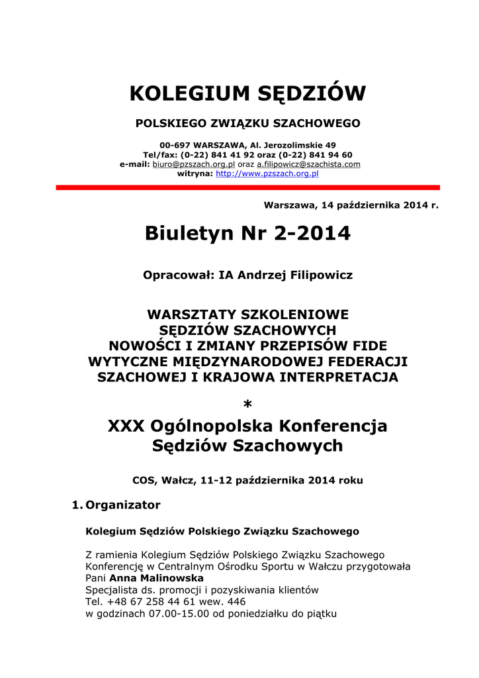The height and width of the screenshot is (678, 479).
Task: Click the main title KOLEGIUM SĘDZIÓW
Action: click(x=247, y=93)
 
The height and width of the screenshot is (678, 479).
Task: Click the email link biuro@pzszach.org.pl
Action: click(x=194, y=164)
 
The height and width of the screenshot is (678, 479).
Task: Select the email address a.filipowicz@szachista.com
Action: click(x=308, y=164)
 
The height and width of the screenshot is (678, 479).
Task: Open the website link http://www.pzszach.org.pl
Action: click(x=267, y=173)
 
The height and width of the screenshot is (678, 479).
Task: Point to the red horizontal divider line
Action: click(x=247, y=188)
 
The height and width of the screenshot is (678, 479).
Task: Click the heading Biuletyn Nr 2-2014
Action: click(x=247, y=233)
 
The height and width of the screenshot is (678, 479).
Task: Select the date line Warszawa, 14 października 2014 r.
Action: click(x=351, y=205)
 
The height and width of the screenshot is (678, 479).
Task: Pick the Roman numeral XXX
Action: click(x=126, y=426)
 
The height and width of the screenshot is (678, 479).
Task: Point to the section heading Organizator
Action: click(x=123, y=505)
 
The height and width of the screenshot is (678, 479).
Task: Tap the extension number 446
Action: click(x=236, y=602)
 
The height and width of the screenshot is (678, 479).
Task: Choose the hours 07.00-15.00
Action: click(x=176, y=614)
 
